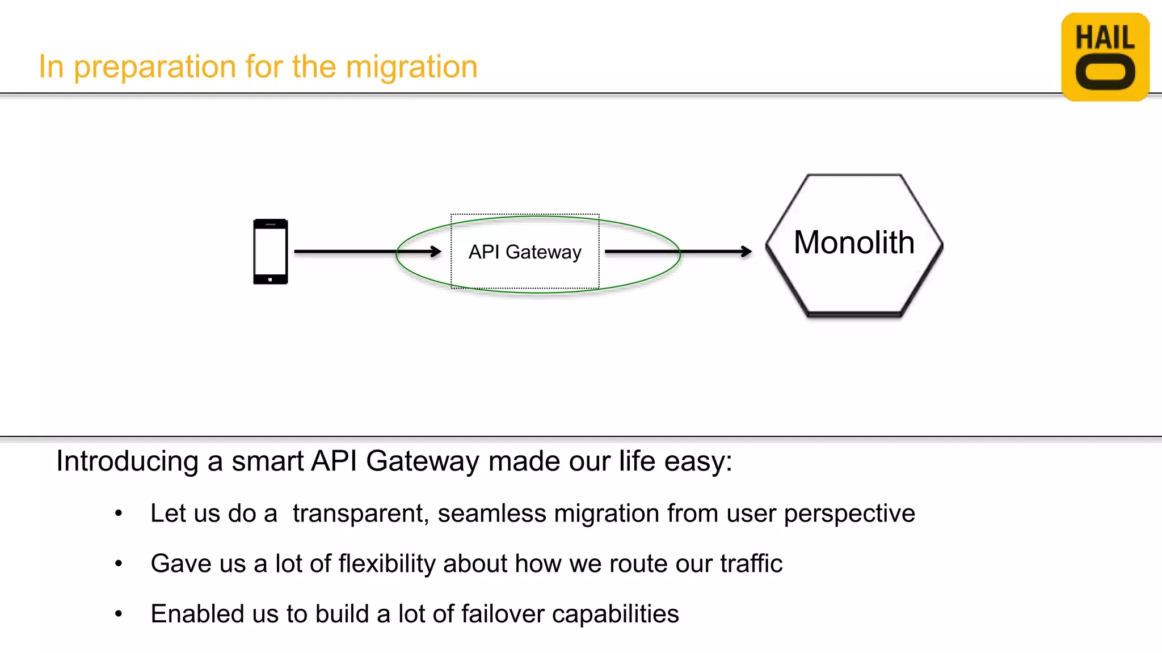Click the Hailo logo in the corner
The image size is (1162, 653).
click(x=1105, y=57)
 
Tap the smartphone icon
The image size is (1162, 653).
click(x=271, y=251)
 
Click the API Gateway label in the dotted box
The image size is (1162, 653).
click(x=525, y=252)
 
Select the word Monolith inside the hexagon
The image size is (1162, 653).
click(x=854, y=243)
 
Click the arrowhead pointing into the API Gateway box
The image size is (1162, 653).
click(x=436, y=251)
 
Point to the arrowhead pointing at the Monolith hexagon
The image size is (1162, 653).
click(x=747, y=251)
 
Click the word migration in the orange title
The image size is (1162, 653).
click(x=411, y=67)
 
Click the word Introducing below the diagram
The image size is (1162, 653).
click(x=127, y=461)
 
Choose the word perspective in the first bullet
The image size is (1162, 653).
click(x=849, y=514)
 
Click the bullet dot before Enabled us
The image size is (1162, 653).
click(x=119, y=614)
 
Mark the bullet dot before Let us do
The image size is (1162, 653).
click(x=119, y=514)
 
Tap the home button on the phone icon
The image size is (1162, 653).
click(x=270, y=279)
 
